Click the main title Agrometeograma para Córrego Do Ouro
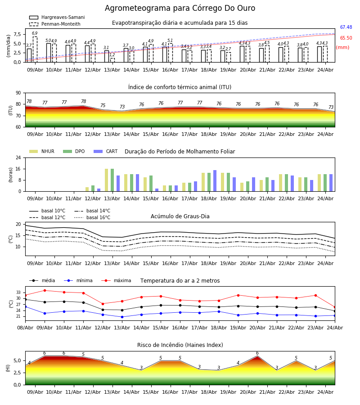coord(180,8)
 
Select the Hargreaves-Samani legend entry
coord(57,17)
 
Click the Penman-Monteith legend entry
coord(55,24)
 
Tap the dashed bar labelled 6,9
coord(35,49)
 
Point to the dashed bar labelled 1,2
coord(112,60)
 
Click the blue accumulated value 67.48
coord(346,27)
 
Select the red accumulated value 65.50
coord(346,38)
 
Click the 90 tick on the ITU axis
coord(18,93)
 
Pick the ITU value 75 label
coord(103,105)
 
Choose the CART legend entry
coord(106,151)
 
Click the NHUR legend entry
coord(42,151)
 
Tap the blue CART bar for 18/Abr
coord(215,181)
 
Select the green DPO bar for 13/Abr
coord(112,180)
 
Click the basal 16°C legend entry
coord(92,217)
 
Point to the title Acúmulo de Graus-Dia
coord(180,216)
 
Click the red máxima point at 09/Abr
coord(45,290)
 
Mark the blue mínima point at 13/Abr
coord(122,317)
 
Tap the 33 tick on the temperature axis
coord(18,292)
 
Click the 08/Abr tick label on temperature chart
coord(25,328)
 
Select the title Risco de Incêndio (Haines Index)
coord(180,345)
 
